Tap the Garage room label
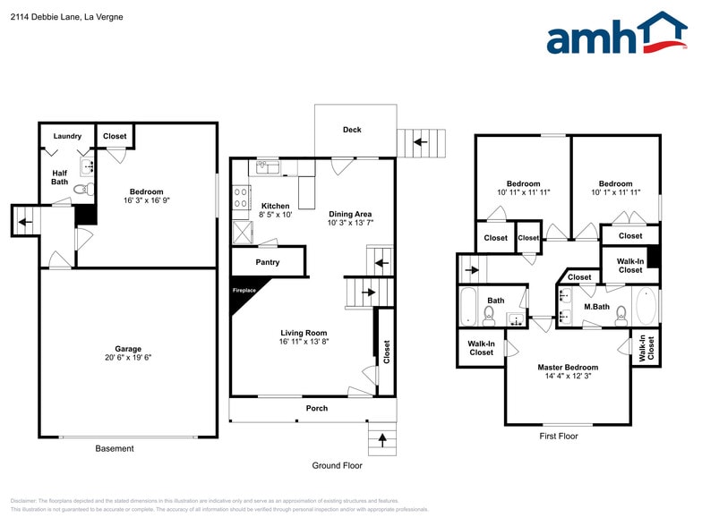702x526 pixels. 127,349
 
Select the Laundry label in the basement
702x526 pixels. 67,136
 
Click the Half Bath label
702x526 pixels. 59,177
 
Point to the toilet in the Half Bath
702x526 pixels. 80,189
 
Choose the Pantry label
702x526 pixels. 267,262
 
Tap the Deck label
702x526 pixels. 352,130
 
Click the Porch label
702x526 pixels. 316,409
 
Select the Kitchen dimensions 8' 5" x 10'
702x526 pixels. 275,215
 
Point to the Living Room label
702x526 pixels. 304,332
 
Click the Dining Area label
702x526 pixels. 350,214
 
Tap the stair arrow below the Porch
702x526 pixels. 382,439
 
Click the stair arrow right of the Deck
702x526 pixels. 425,141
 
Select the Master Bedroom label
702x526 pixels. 568,367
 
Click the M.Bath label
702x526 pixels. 596,307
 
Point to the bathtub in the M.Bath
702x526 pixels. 646,306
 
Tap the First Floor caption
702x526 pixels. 558,437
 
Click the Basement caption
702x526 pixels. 115,448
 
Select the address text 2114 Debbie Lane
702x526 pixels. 44,17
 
